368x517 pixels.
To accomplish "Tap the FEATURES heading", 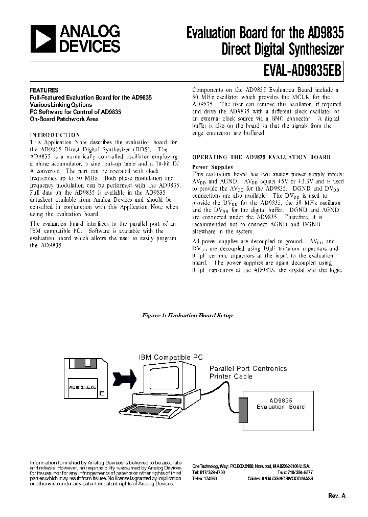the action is pos(44,90).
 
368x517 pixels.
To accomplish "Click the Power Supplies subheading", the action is pos(212,167).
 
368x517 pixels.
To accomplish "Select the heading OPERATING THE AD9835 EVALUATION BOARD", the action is pos(261,157).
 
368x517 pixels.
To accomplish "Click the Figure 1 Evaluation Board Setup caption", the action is pos(187,315).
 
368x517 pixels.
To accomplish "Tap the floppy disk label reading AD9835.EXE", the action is pos(82,387).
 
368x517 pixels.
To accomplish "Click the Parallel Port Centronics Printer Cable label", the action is pos(248,372).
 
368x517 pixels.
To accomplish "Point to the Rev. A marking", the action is pos(336,496).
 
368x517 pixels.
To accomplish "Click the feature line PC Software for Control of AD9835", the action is pos(75,111).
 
